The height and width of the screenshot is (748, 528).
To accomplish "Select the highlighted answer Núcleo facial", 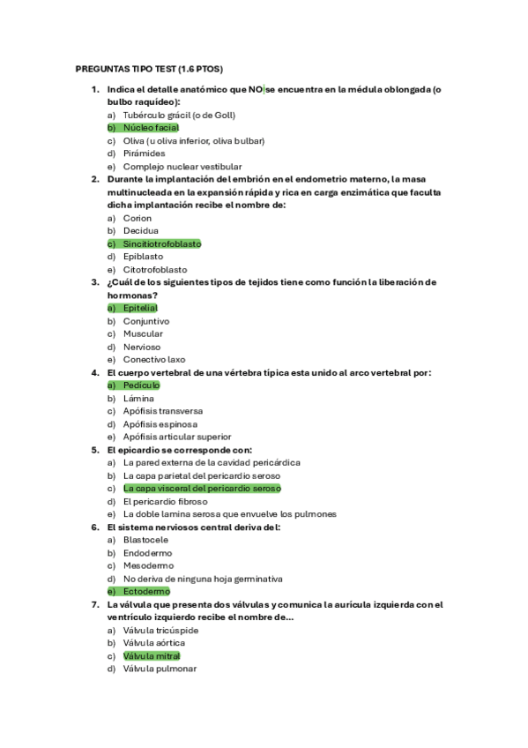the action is click(x=151, y=128).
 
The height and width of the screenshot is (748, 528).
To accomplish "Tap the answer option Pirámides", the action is click(x=144, y=153).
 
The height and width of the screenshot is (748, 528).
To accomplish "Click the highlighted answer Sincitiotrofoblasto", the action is click(x=162, y=243).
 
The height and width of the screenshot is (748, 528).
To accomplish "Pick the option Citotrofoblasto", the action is click(x=155, y=269).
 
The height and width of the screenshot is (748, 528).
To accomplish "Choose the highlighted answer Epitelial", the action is click(x=140, y=308).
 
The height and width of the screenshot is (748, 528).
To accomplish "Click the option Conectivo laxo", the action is click(x=154, y=359).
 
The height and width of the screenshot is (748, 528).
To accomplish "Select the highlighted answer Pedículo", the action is click(x=141, y=385).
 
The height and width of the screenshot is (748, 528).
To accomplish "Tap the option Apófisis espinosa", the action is click(x=160, y=423).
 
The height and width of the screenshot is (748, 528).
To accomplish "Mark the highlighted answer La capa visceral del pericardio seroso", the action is click(x=202, y=488).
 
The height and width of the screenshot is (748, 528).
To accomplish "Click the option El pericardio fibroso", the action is click(x=166, y=501).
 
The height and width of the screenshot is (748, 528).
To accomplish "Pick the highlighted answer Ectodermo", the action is click(x=146, y=591).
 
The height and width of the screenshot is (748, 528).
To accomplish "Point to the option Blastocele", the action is click(x=146, y=540).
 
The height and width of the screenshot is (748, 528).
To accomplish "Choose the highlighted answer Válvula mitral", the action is click(x=152, y=655).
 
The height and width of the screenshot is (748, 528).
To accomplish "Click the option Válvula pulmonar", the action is click(x=160, y=669).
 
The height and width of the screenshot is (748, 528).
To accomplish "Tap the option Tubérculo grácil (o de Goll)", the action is click(x=179, y=116).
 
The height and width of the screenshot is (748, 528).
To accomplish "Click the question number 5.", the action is click(x=95, y=449).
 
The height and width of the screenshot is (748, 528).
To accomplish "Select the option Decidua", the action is click(x=141, y=231).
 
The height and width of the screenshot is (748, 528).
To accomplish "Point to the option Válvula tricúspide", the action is click(x=160, y=630).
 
